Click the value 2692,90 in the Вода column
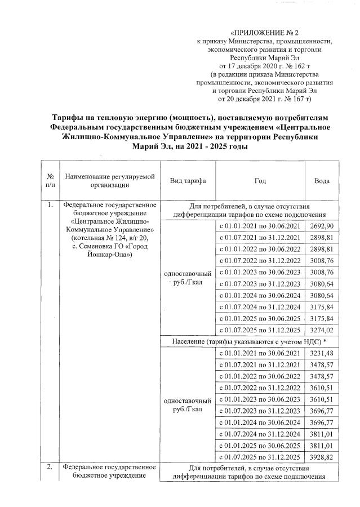click(x=322, y=225)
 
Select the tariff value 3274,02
click(x=322, y=330)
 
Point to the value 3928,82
click(x=322, y=456)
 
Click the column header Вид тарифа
click(x=188, y=181)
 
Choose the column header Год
click(x=260, y=181)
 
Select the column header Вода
click(x=322, y=181)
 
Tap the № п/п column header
click(x=50, y=181)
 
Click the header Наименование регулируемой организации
click(x=109, y=181)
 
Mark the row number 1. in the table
click(x=50, y=206)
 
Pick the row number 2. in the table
click(x=50, y=467)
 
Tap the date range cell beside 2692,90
click(x=260, y=225)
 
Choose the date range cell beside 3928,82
click(x=260, y=456)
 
